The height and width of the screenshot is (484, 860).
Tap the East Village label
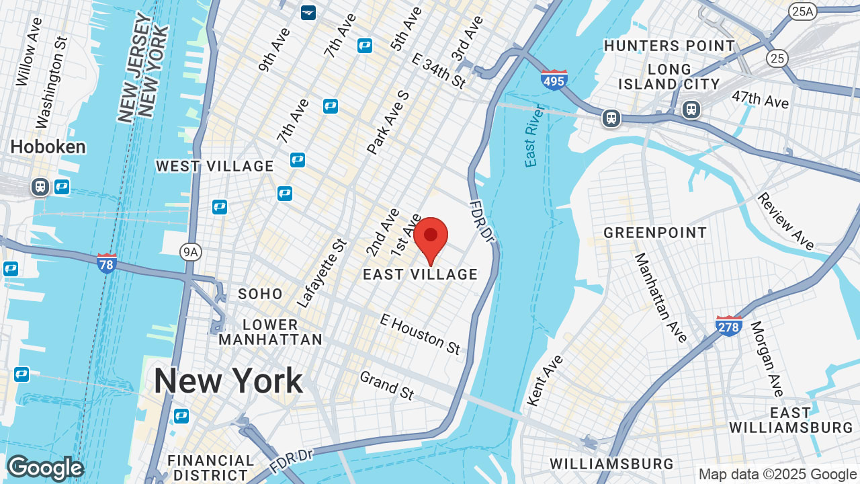click(x=421, y=274)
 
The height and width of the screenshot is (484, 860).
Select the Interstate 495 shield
click(x=554, y=80)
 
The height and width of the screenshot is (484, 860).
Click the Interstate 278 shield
click(x=729, y=326)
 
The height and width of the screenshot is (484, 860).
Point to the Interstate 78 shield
click(x=107, y=264)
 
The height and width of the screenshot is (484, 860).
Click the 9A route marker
click(x=191, y=252)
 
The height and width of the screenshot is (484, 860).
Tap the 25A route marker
click(x=802, y=11)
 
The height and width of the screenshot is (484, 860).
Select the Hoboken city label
click(x=48, y=147)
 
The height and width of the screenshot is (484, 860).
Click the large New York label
click(x=228, y=381)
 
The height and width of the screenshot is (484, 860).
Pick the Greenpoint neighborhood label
click(x=655, y=233)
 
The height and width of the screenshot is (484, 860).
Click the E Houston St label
click(x=421, y=333)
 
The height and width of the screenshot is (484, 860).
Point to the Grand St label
click(x=387, y=385)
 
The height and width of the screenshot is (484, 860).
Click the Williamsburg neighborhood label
click(x=611, y=464)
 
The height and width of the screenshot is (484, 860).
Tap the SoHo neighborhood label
click(x=261, y=294)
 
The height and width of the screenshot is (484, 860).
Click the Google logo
click(x=45, y=468)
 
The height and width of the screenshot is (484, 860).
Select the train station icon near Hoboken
click(x=40, y=187)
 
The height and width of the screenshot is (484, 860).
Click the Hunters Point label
click(x=669, y=46)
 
